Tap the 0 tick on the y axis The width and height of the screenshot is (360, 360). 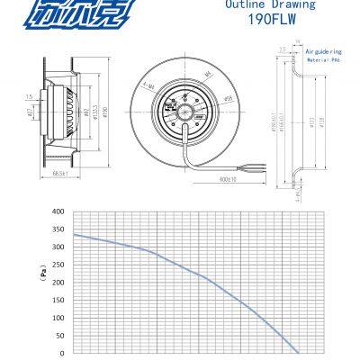[x=61, y=353]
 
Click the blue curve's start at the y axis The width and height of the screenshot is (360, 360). [x=73, y=234]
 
